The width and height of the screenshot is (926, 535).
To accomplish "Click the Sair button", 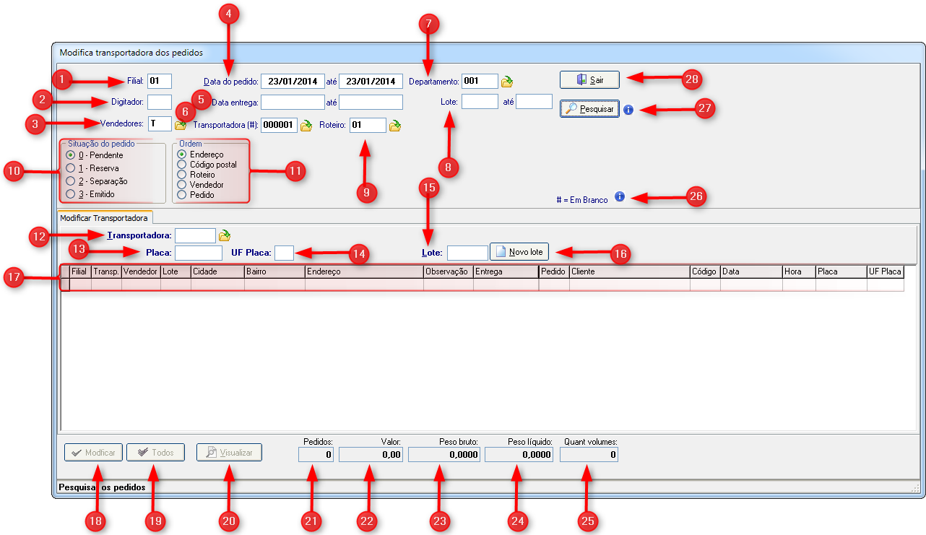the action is tap(589, 79).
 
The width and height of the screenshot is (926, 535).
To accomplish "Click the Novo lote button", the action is tap(519, 251).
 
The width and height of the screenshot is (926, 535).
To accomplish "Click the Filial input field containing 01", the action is tap(160, 81).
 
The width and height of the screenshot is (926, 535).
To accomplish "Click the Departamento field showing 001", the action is tap(480, 81).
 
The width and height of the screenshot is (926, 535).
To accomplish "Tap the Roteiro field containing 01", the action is tap(368, 125).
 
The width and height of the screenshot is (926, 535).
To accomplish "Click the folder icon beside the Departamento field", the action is tap(507, 82).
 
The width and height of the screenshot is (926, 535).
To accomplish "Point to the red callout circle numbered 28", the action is tap(691, 79).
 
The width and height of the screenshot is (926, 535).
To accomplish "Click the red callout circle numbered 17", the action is tap(14, 277).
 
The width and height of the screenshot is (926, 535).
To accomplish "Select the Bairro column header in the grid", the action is tap(274, 271).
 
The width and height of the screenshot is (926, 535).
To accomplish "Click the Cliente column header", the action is tap(630, 271).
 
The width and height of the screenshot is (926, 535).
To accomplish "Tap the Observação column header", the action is tap(448, 271).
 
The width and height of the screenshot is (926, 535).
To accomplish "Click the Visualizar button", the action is tap(229, 453).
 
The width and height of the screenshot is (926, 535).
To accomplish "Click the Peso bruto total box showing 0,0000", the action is tap(444, 455).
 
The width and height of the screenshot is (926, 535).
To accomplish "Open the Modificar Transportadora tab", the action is tap(104, 218).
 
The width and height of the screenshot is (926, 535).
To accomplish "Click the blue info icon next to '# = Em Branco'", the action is tap(619, 196).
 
